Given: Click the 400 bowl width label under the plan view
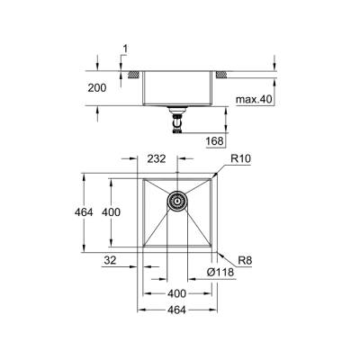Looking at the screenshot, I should [x=176, y=293].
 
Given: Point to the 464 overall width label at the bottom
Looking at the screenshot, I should [x=176, y=310].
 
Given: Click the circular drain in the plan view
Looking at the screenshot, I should [x=177, y=201].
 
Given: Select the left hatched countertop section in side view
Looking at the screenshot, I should [x=131, y=72].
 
